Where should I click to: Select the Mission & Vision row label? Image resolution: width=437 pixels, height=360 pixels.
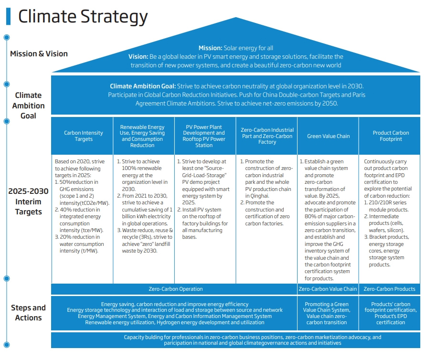39,53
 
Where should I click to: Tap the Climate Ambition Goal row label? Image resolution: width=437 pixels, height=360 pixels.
29,106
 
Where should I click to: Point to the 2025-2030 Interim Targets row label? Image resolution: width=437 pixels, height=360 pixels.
29,201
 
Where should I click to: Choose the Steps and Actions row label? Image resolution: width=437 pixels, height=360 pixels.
29,313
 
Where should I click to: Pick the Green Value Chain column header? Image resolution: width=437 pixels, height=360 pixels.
328,136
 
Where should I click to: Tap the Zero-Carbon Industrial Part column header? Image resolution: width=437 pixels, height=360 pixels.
267,136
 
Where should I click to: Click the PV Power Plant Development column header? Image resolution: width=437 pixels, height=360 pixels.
205,136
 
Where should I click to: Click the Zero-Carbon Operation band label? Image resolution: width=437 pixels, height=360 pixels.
175,289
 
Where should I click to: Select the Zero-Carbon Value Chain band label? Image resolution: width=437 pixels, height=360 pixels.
327,289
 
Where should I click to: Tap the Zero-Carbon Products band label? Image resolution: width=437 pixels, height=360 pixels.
389,289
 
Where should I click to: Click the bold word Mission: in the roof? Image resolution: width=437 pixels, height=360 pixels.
210,48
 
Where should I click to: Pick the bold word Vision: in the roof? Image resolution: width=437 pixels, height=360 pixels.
139,56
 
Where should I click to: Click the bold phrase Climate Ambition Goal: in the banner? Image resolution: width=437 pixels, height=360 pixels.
143,86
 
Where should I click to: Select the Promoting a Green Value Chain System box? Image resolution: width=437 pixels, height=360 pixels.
327,313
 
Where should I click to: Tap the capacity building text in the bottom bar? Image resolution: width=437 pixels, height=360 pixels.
253,340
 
